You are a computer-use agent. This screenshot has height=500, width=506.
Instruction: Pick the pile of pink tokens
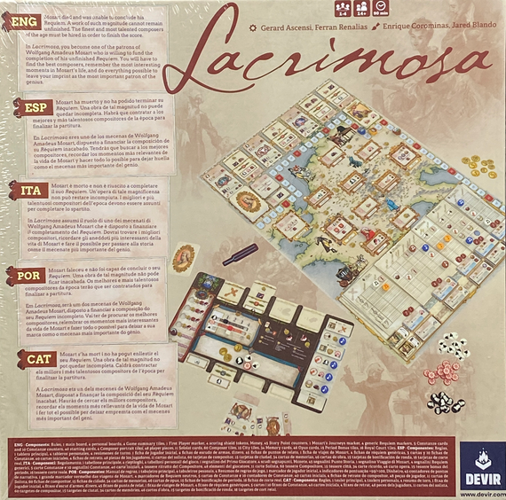point(439,373)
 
